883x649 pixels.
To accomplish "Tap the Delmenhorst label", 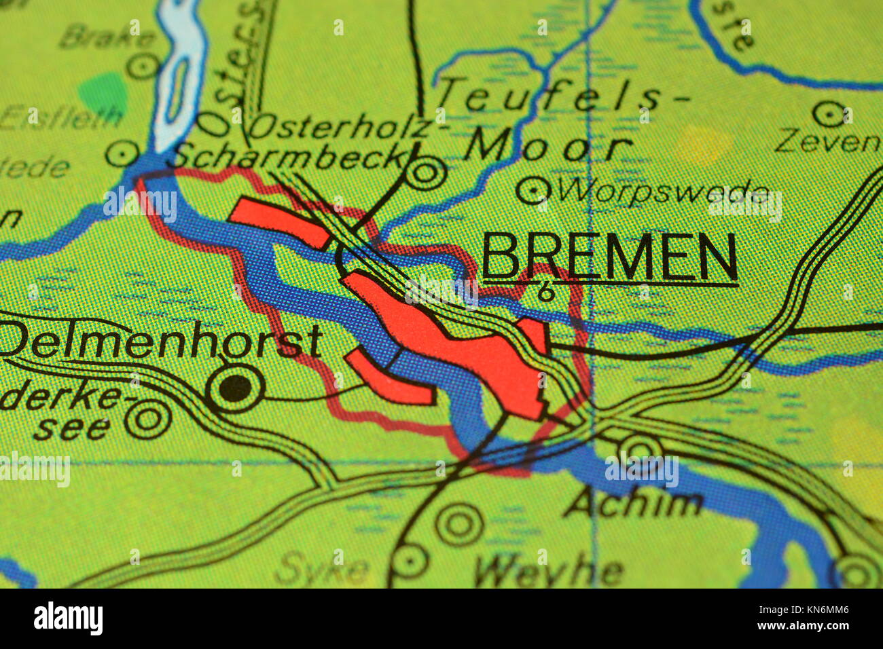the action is tap(161, 341).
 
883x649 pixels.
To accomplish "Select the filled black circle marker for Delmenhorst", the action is tap(236, 388).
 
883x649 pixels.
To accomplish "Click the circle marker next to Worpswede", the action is tap(533, 190).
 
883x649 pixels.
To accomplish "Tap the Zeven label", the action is tap(828, 141).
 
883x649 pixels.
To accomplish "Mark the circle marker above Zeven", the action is tap(829, 114).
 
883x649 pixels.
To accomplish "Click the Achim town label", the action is tap(632, 503).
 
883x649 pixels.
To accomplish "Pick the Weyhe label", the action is tap(548, 572).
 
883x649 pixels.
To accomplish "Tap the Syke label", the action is tap(323, 568).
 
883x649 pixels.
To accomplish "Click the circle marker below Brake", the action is tap(143, 66).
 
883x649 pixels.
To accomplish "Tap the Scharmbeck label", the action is tap(289, 157).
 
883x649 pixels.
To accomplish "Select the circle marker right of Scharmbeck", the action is tap(426, 172).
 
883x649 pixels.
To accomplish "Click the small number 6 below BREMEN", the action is tap(545, 293).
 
